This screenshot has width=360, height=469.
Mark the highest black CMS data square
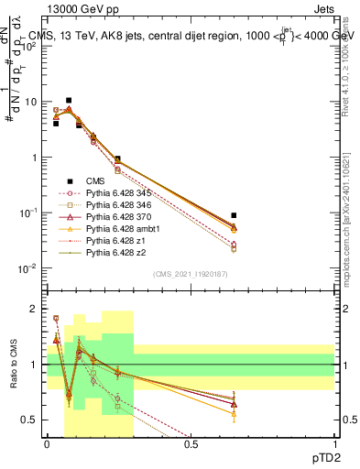(69, 101)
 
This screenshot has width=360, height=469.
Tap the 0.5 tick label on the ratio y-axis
(31, 420)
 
